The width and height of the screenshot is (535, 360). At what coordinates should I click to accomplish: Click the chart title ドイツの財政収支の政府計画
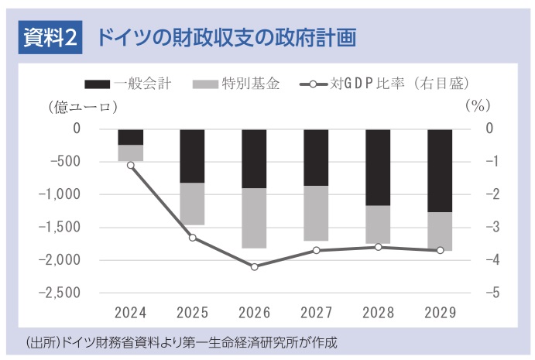click(x=226, y=36)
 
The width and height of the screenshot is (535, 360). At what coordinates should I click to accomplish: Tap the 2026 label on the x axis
click(x=254, y=313)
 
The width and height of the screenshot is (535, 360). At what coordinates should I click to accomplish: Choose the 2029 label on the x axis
click(x=440, y=313)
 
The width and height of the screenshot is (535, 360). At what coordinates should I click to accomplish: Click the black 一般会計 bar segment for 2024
click(x=130, y=137)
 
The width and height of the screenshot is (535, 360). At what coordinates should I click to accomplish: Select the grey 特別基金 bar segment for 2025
click(x=192, y=204)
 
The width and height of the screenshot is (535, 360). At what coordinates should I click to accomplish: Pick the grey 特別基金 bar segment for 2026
click(x=254, y=218)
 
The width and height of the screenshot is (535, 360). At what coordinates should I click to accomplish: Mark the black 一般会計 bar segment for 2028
click(x=378, y=167)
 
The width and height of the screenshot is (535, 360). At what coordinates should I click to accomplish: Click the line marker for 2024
click(x=130, y=165)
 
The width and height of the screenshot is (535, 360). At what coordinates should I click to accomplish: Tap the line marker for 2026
click(x=254, y=266)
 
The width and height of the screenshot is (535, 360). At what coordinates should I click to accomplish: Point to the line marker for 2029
click(x=440, y=250)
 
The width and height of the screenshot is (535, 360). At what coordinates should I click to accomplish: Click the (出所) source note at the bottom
click(x=183, y=341)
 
